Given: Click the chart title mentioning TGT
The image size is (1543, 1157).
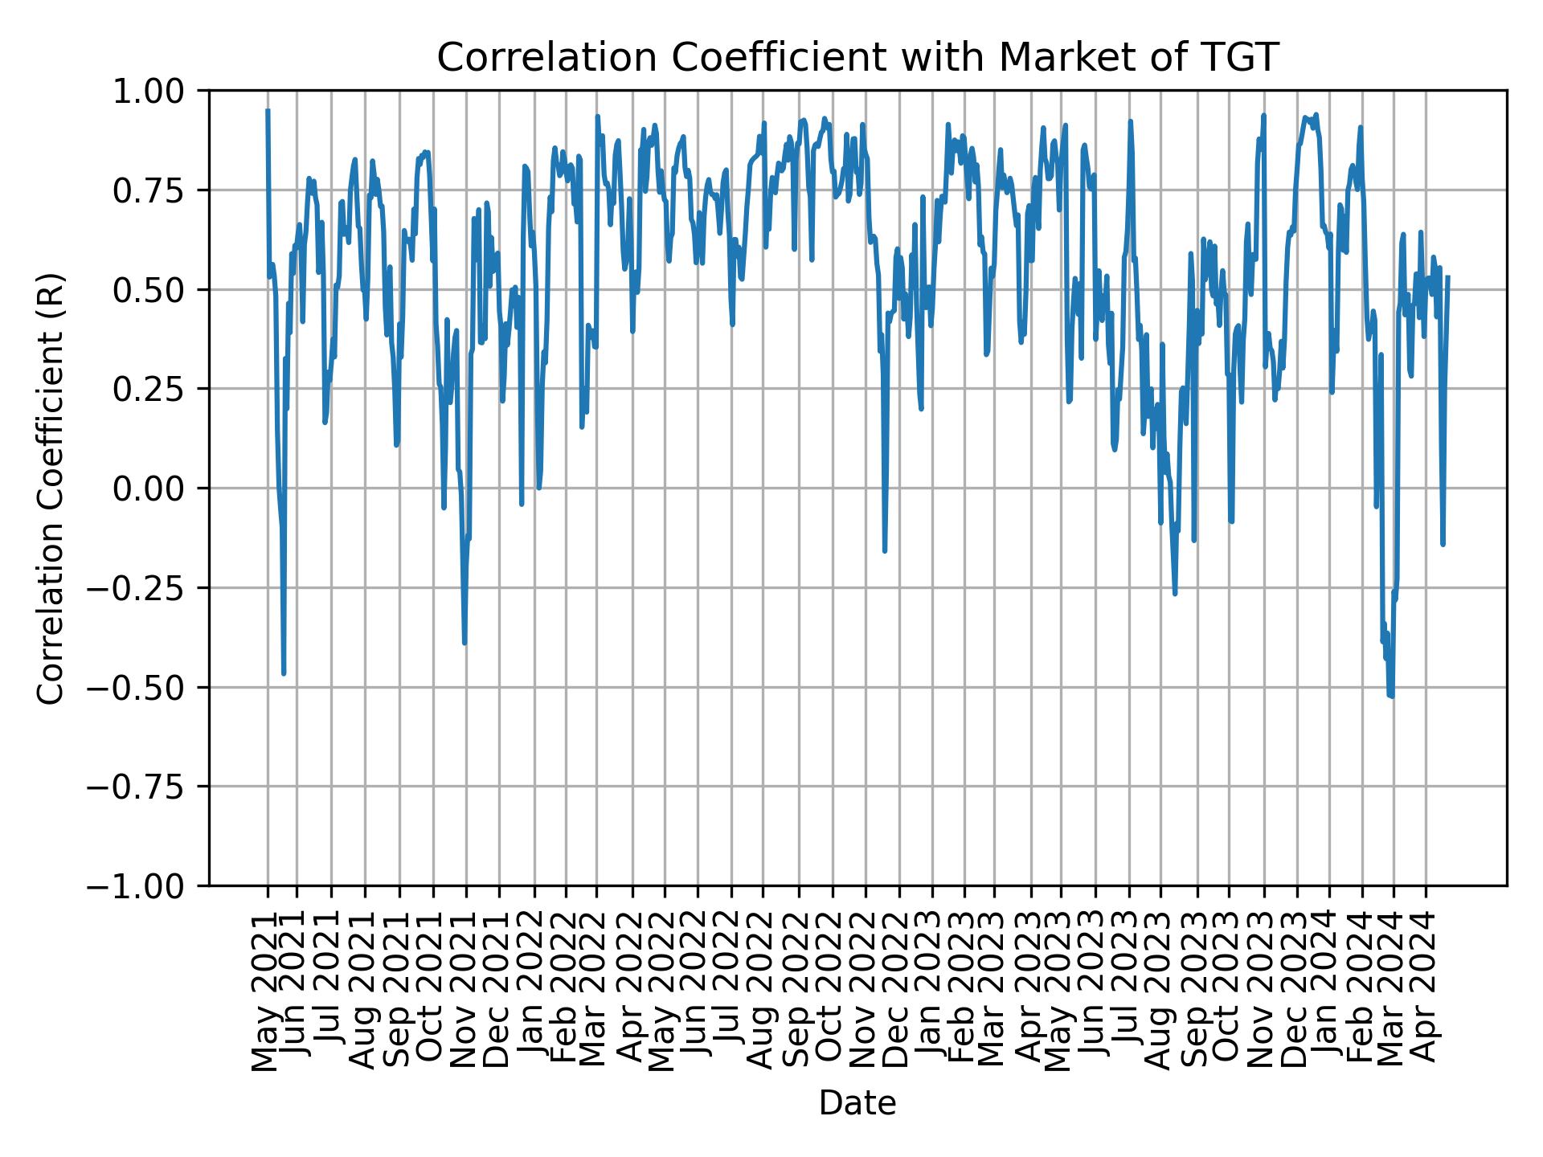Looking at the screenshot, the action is point(857,58).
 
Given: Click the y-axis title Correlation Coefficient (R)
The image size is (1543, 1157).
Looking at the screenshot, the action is point(51,488).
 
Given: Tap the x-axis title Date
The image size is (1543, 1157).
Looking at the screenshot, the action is point(857,1103).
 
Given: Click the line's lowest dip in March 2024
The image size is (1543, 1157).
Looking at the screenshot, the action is point(1391,696).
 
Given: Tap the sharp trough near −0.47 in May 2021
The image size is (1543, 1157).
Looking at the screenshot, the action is point(284,673).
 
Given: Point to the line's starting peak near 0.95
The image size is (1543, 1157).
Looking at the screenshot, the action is point(268,111).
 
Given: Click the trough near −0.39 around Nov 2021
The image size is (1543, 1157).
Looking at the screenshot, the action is point(465,643).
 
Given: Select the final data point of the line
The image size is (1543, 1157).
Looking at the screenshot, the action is point(1447,277).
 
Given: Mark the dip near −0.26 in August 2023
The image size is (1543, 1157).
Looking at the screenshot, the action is point(1175,594).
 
